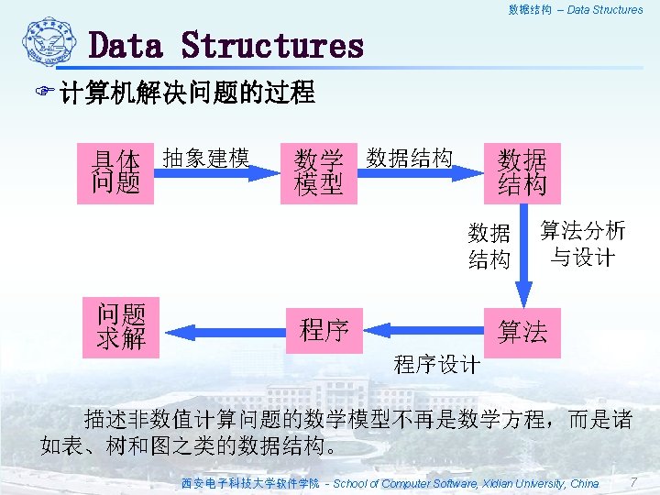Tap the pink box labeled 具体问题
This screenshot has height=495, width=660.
(116, 170)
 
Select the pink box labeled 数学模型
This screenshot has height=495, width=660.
(319, 172)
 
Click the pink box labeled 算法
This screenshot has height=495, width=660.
(522, 330)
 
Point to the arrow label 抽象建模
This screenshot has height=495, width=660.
(206, 158)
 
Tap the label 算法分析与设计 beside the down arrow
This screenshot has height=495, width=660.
(583, 244)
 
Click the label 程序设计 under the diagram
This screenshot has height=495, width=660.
(436, 364)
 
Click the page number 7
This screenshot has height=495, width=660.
(633, 482)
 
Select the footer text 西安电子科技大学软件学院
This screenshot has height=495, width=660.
(249, 483)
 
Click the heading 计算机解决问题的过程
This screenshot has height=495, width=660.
(187, 93)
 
